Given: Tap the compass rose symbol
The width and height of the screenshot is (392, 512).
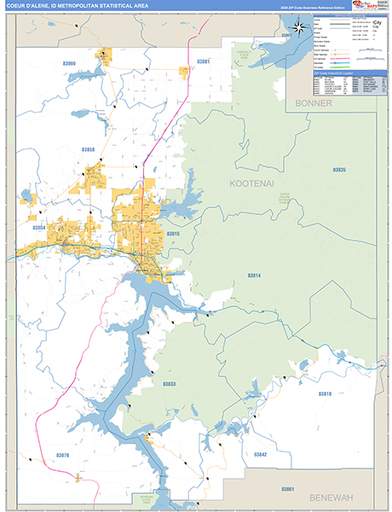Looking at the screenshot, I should tap(300, 27).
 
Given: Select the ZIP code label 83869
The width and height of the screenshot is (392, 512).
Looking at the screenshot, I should tap(68, 64).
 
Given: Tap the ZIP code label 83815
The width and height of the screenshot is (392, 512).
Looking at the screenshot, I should tap(173, 233).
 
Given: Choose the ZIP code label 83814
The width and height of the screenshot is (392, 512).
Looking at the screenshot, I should tap(255, 276).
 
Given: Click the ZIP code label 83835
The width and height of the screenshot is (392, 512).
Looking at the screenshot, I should tap(340, 170).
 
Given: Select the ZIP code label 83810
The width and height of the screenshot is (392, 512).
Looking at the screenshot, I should tap(325, 393).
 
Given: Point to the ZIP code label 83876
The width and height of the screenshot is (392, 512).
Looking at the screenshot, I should tap(61, 455).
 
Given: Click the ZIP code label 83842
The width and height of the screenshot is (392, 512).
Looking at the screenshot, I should tap(260, 455).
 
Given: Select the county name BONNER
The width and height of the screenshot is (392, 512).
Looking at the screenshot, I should tap(313, 102).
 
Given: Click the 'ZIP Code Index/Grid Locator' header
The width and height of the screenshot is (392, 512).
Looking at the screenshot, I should tap(334, 73).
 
